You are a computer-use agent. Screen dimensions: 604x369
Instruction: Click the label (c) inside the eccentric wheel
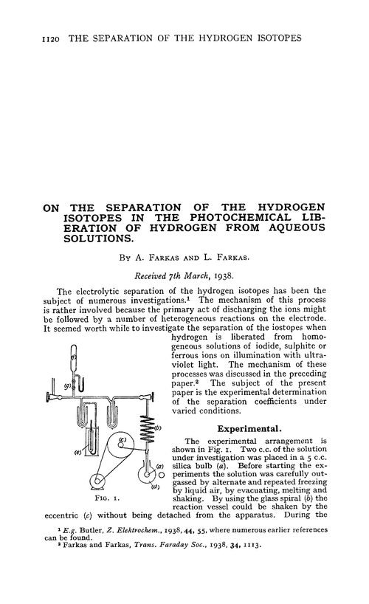(x=123, y=442)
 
